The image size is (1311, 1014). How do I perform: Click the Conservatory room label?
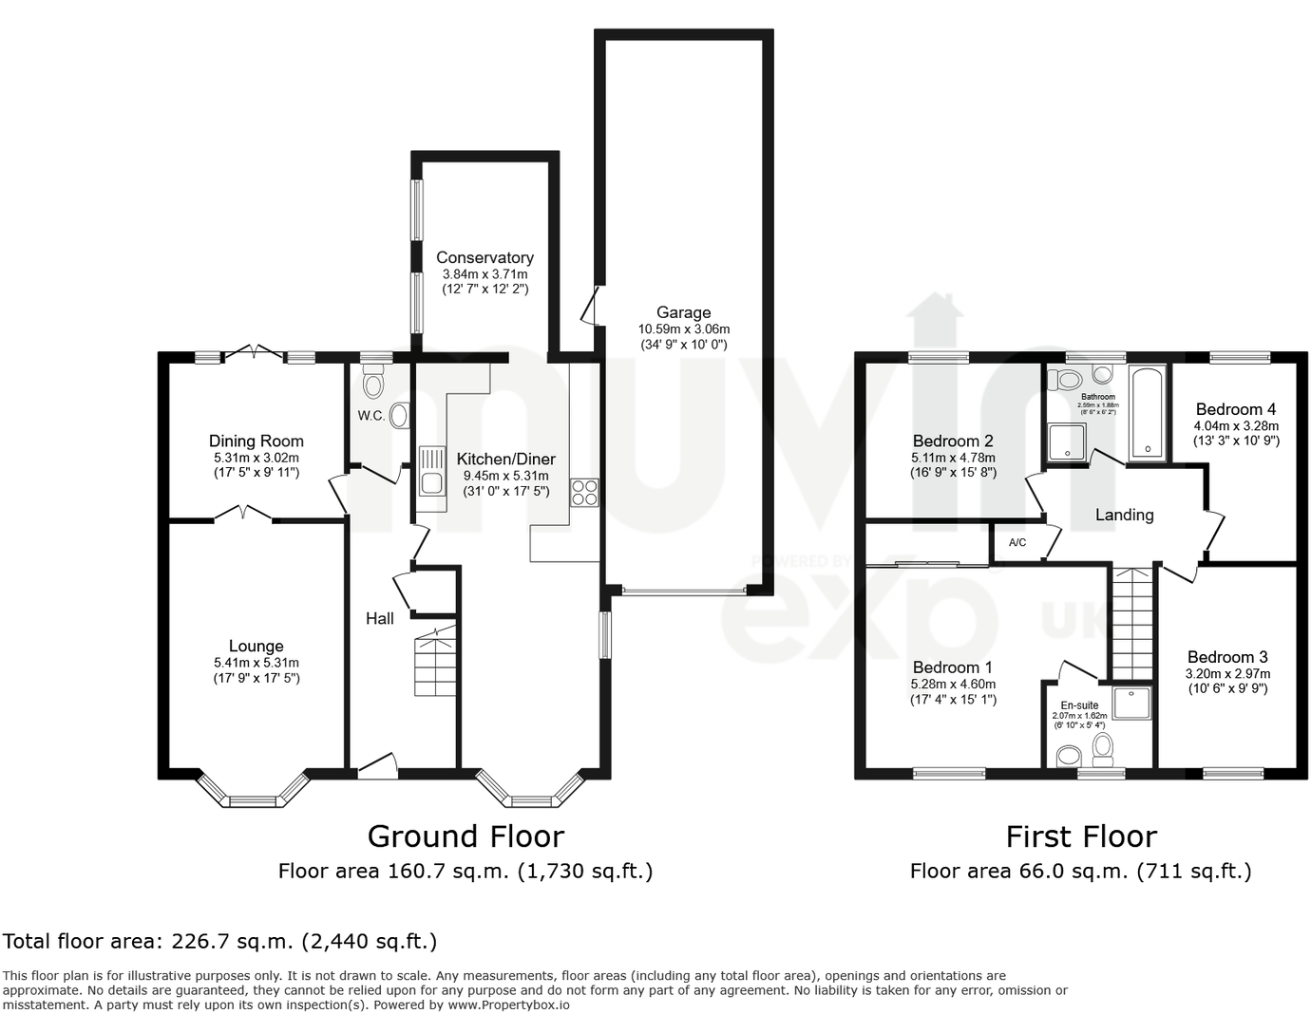(484, 257)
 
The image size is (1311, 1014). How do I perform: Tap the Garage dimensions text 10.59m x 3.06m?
(683, 329)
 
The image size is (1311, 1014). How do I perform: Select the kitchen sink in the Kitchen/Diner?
(431, 472)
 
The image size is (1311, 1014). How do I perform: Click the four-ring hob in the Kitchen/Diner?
(584, 492)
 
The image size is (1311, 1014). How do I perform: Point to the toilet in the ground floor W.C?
(373, 384)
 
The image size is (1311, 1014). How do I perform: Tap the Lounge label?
(256, 646)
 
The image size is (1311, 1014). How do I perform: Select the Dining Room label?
(256, 441)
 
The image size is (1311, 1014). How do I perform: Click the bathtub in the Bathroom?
(1148, 413)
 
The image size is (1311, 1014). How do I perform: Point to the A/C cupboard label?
(1017, 543)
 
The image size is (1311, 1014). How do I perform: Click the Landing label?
(1124, 515)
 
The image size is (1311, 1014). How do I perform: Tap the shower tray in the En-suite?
(1131, 703)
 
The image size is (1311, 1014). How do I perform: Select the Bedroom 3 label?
(1227, 657)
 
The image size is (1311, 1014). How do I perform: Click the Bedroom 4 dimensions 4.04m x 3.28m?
(1236, 425)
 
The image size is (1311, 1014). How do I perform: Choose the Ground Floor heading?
(465, 836)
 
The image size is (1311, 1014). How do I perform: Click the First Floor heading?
(1081, 836)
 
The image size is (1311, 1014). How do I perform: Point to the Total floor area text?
(219, 941)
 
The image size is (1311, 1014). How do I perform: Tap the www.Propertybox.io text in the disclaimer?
(508, 1005)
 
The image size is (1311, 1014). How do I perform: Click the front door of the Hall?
(377, 765)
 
